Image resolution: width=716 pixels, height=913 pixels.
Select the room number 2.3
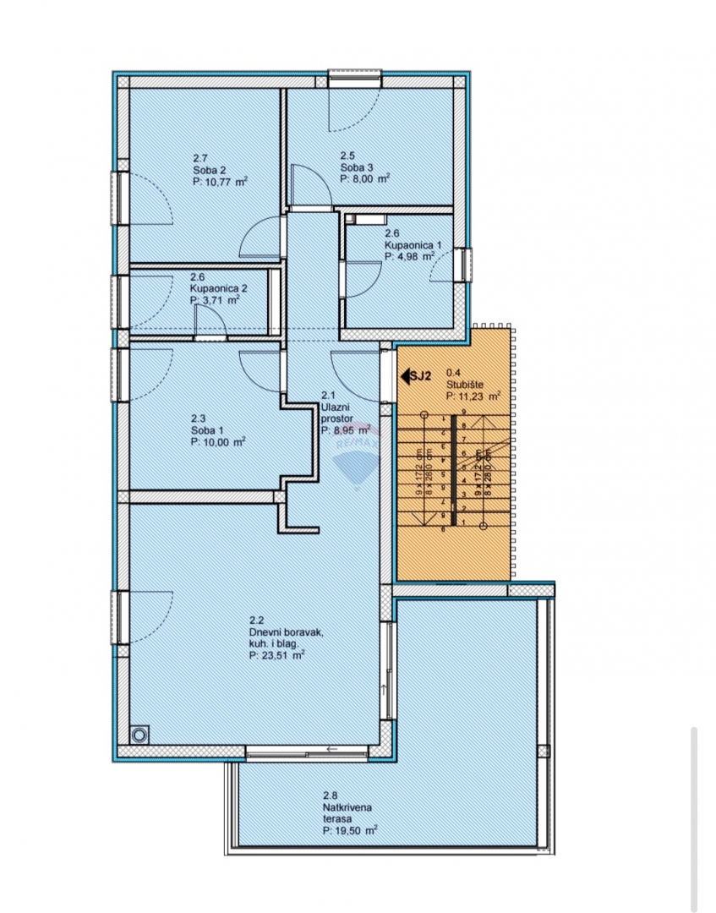[198, 418]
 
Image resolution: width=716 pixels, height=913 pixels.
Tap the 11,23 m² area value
[479, 394]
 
